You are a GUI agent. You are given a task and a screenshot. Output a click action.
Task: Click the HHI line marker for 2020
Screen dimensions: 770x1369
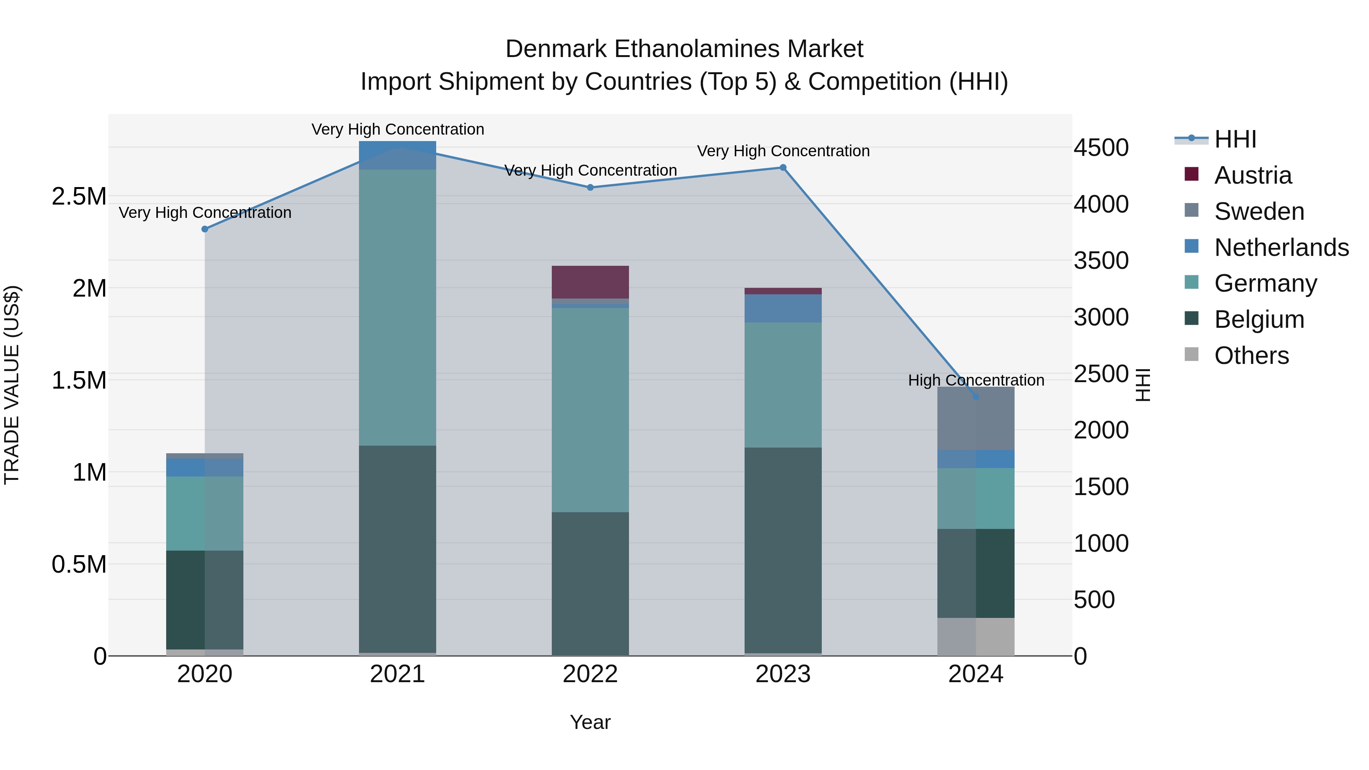point(205,229)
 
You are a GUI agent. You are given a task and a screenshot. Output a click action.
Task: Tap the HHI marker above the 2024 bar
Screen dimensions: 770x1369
point(976,397)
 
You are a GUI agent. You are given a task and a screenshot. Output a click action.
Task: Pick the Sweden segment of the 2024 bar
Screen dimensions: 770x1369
point(976,419)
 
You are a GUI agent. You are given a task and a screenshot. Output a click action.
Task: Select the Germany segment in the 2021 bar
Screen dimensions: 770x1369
point(397,307)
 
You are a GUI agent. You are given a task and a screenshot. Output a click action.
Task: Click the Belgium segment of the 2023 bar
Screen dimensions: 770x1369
point(783,550)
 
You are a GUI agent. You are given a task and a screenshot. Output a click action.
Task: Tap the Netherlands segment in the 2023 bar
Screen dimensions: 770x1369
point(783,308)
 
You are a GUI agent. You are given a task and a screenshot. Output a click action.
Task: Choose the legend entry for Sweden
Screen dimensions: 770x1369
point(1258,211)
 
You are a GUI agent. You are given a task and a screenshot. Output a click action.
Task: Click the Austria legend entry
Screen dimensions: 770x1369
point(1252,175)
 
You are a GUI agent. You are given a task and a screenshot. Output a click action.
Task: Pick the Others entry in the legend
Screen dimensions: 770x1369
point(1251,356)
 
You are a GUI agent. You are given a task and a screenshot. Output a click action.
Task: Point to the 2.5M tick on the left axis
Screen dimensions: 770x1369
point(79,197)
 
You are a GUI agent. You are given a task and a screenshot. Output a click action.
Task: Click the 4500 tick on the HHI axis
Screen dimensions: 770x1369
point(1101,148)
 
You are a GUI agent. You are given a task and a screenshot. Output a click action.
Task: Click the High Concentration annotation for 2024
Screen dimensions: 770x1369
point(976,381)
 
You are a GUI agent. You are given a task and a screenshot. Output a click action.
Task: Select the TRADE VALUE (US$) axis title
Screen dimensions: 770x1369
point(12,385)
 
